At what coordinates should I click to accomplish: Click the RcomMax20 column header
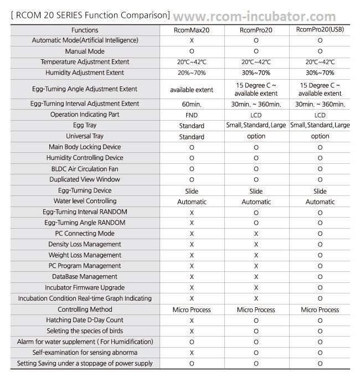(x=191, y=30)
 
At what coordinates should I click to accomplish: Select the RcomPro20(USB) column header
(x=320, y=30)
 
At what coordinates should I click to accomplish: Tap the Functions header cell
(x=85, y=30)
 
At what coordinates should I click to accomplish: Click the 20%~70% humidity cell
(x=191, y=73)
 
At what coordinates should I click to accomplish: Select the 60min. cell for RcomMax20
(x=191, y=104)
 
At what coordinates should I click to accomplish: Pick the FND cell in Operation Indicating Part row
(x=191, y=115)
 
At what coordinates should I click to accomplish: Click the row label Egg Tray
(x=85, y=125)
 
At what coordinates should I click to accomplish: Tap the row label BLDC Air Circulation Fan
(x=85, y=168)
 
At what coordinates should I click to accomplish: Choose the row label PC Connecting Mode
(x=85, y=233)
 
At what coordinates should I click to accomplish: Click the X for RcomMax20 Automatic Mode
(x=192, y=40)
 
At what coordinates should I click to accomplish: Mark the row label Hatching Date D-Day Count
(x=85, y=319)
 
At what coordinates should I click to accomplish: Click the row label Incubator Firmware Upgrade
(x=85, y=287)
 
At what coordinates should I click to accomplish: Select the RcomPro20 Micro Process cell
(x=256, y=309)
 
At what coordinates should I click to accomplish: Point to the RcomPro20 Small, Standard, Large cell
(x=256, y=125)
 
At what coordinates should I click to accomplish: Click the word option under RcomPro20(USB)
(x=320, y=136)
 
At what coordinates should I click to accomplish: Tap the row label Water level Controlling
(x=85, y=201)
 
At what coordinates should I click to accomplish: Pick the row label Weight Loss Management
(x=85, y=255)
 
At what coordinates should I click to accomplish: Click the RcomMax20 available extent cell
(x=191, y=89)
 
